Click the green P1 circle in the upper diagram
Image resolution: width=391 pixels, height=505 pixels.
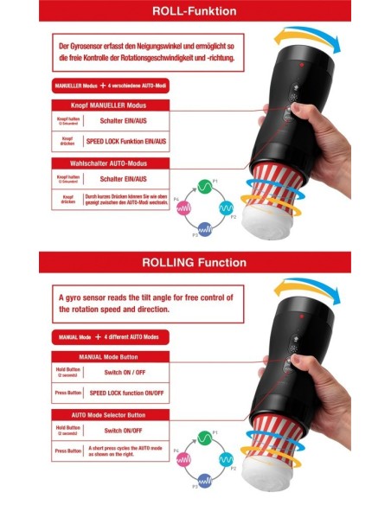(x=207, y=186)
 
